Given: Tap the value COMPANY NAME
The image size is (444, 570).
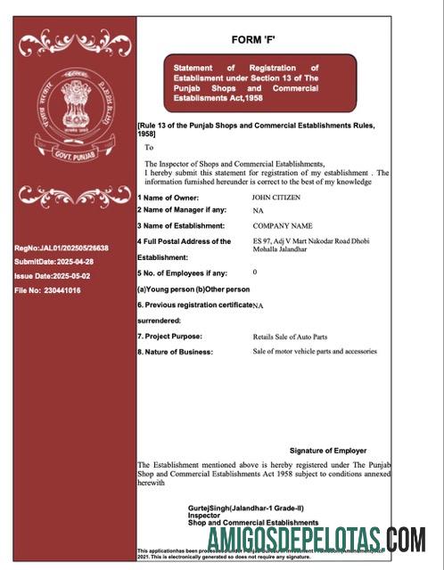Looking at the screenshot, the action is [x=283, y=226].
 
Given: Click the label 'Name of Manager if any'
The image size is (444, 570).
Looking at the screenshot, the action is [x=182, y=210].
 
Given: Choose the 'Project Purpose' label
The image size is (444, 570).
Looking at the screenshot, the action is [x=171, y=337].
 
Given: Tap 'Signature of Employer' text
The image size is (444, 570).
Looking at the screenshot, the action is [x=327, y=451].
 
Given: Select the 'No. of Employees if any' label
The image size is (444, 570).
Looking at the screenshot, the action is [x=182, y=273].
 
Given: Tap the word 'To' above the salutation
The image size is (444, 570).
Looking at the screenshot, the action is [x=149, y=148].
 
